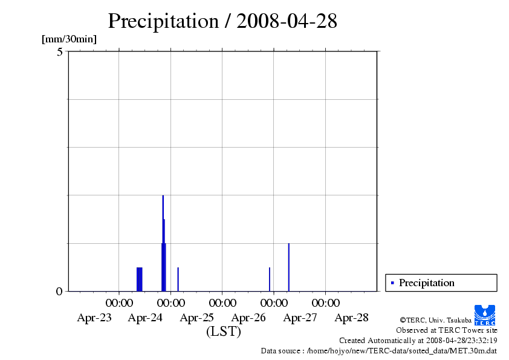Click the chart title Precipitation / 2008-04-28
tap(222, 21)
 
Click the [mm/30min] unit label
tap(69, 39)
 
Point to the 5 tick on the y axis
tap(59, 52)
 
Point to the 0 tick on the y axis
tap(59, 291)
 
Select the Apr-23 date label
tap(94, 318)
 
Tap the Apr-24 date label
tap(145, 318)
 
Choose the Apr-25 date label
tap(197, 318)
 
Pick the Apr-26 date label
tap(248, 318)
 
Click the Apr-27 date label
tap(300, 318)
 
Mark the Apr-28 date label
tap(351, 318)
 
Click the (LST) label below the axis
tap(223, 332)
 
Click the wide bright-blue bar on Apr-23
tap(140, 279)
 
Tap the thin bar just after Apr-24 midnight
tap(178, 279)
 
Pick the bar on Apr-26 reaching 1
tap(288, 267)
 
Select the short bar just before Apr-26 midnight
tap(269, 279)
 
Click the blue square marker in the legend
tap(392, 283)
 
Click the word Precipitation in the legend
tap(426, 283)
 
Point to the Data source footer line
tap(378, 350)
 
